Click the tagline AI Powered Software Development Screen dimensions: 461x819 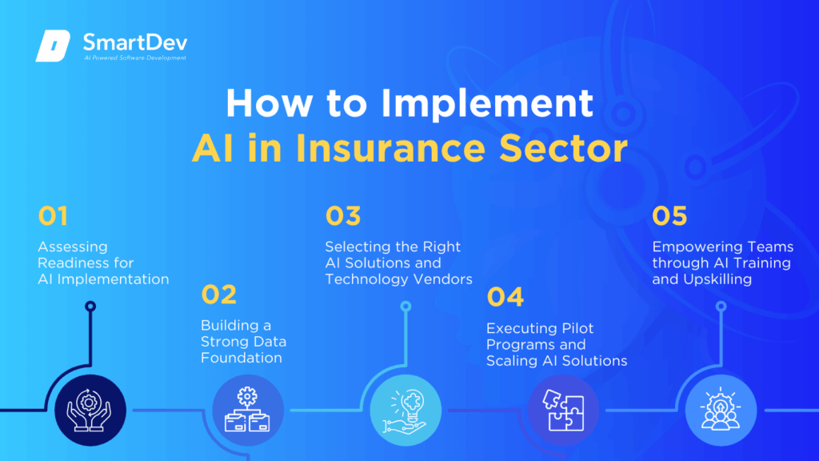[137, 58]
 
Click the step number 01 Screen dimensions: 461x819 [54, 216]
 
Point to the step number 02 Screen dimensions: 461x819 [218, 295]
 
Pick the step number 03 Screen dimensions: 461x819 [343, 216]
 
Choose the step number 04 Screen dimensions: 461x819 [505, 298]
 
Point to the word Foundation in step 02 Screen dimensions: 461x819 [242, 358]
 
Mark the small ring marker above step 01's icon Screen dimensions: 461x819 [90, 306]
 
